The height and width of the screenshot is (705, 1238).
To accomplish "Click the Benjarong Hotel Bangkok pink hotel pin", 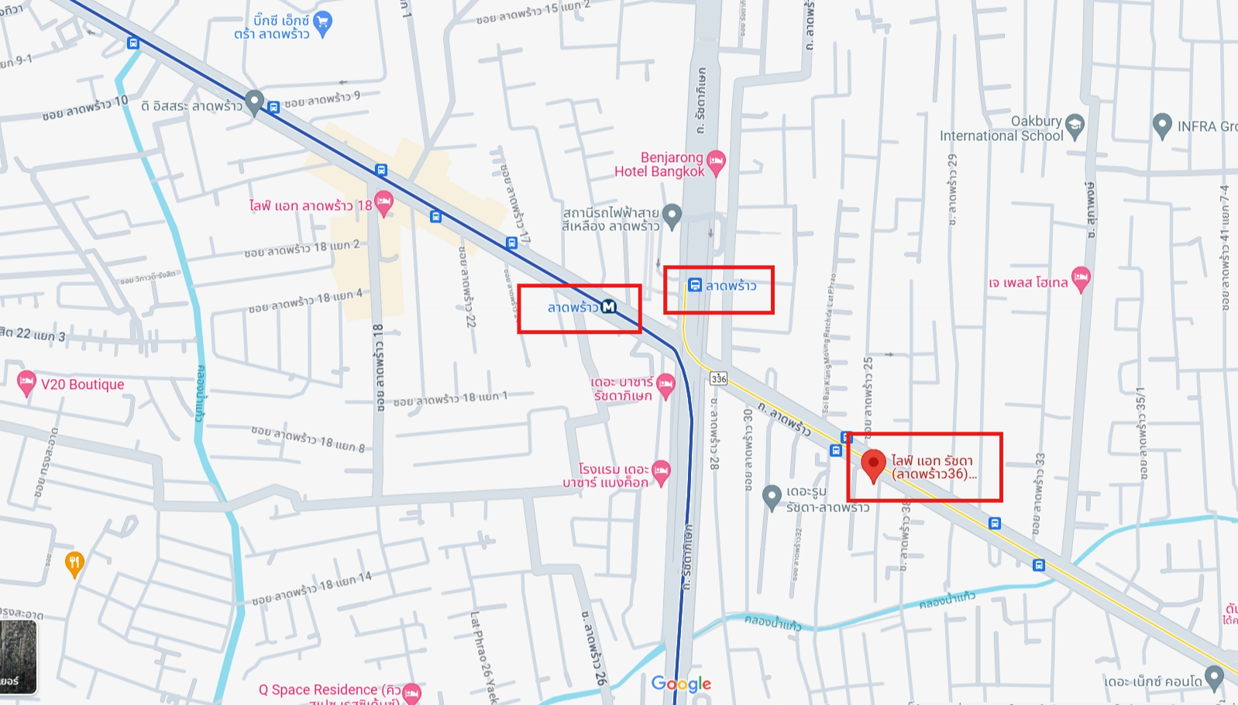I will click(716, 162).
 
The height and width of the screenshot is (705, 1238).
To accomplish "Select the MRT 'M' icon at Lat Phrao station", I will click(609, 307).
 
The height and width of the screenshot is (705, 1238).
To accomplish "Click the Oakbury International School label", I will click(1001, 129).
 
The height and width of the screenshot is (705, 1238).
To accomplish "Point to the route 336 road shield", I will click(719, 378).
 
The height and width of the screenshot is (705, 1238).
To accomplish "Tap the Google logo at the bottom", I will click(681, 683).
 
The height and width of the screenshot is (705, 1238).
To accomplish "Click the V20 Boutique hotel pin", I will click(26, 382).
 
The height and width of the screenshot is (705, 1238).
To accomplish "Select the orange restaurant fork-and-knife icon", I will click(74, 563).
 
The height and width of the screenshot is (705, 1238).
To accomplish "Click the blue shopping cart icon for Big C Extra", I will click(323, 23).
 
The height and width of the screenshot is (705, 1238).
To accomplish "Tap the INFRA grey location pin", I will click(1161, 125).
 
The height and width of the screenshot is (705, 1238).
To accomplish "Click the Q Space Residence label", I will click(329, 690).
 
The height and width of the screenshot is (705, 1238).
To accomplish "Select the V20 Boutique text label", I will click(82, 384).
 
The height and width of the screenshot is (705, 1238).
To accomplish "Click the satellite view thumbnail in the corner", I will click(18, 657).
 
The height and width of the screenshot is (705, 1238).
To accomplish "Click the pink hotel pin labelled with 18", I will click(383, 204).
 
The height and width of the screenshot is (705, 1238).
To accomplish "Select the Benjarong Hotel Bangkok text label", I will click(659, 164).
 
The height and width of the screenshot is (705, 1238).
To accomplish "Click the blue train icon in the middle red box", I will click(695, 285).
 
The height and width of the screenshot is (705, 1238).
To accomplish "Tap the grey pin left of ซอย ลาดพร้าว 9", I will click(254, 101).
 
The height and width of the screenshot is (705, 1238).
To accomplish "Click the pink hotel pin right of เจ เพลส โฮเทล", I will click(1081, 278).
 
